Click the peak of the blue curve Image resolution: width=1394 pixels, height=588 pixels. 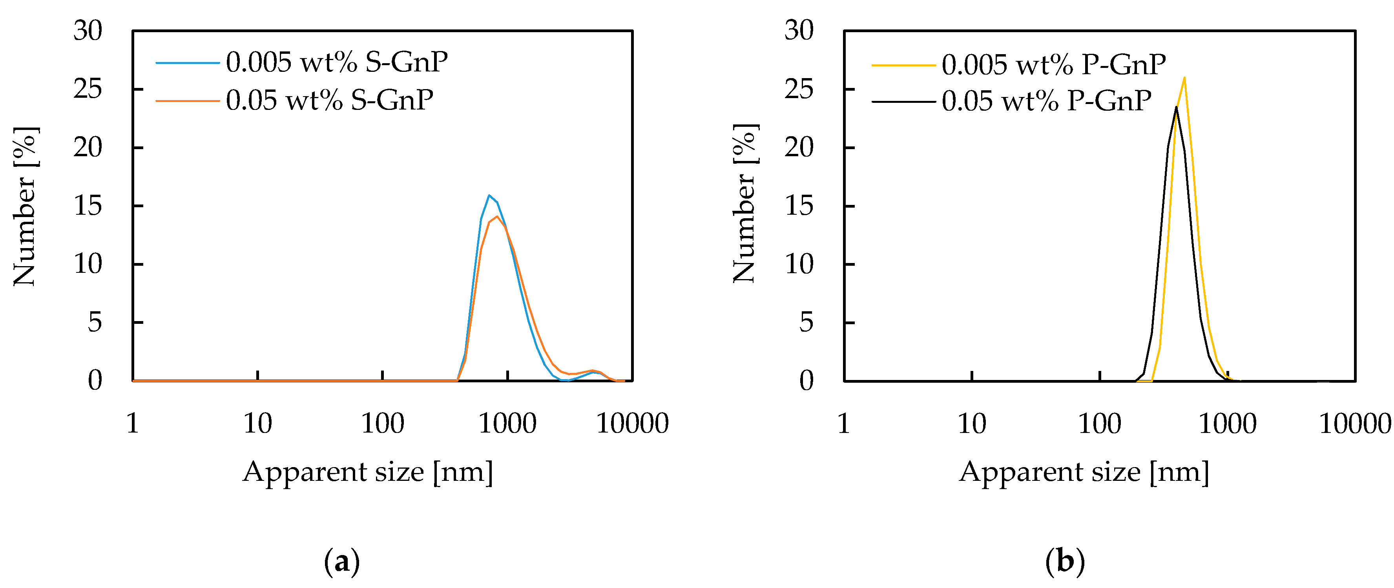(489, 195)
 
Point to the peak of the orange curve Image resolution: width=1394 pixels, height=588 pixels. (497, 217)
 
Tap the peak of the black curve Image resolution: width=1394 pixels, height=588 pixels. (1176, 107)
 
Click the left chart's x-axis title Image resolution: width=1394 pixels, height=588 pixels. (368, 471)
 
